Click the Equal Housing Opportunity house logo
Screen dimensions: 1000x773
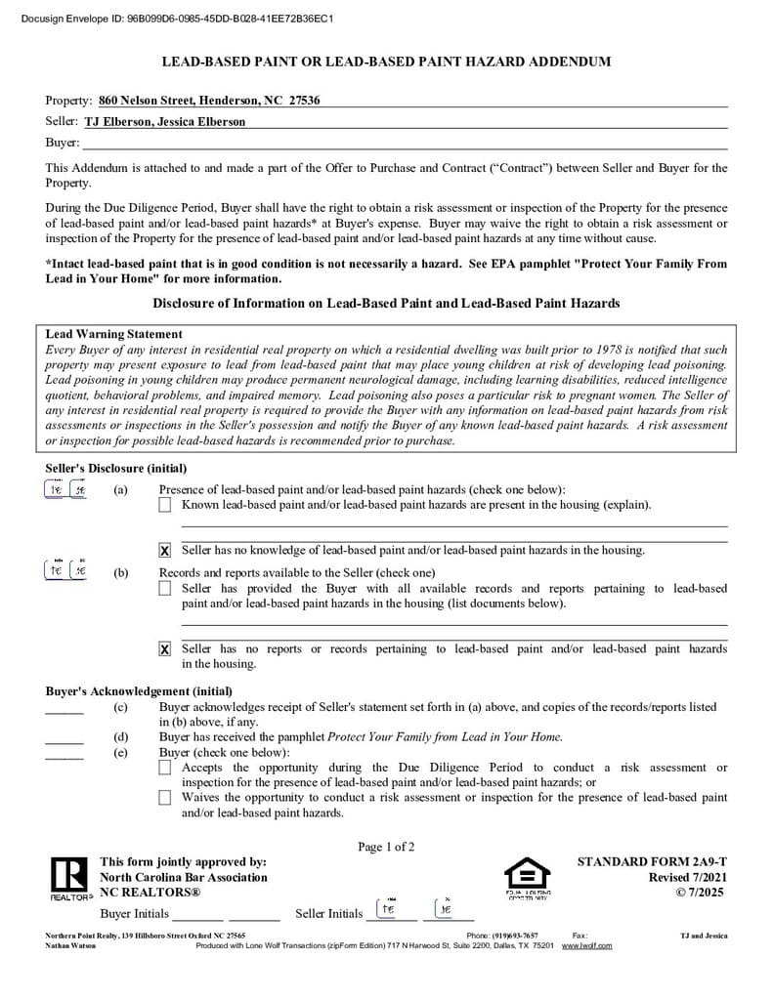(x=527, y=874)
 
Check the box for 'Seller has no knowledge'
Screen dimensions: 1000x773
(x=164, y=551)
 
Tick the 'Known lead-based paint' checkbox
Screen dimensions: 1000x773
(x=164, y=505)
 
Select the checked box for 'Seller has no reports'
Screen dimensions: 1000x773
(x=164, y=649)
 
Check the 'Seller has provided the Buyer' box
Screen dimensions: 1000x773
(x=164, y=589)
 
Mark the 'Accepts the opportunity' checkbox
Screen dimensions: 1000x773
(x=164, y=769)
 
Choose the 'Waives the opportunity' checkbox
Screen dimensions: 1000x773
(x=164, y=798)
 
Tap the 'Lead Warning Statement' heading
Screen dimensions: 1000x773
(x=114, y=334)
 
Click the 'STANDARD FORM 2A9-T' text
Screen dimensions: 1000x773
(x=652, y=862)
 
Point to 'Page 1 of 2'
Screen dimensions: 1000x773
(x=386, y=847)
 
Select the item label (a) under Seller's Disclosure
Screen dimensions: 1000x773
(x=120, y=490)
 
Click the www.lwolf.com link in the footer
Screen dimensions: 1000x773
(x=586, y=946)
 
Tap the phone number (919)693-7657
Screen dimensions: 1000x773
(x=515, y=936)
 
